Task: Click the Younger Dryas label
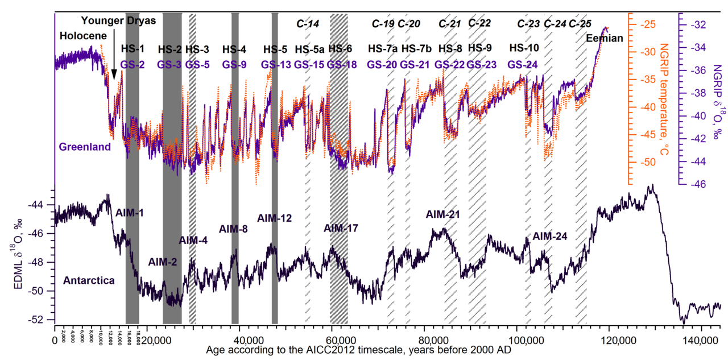point(122,20)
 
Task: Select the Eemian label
point(605,39)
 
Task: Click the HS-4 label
point(234,49)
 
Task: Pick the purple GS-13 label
point(276,64)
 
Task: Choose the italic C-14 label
point(308,24)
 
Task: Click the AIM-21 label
point(443,214)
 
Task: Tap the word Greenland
point(85,147)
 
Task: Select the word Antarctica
point(89,280)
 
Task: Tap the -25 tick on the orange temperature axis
point(648,24)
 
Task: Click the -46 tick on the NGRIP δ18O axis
point(699,185)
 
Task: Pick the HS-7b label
point(416,49)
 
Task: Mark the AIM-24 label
point(551,237)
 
